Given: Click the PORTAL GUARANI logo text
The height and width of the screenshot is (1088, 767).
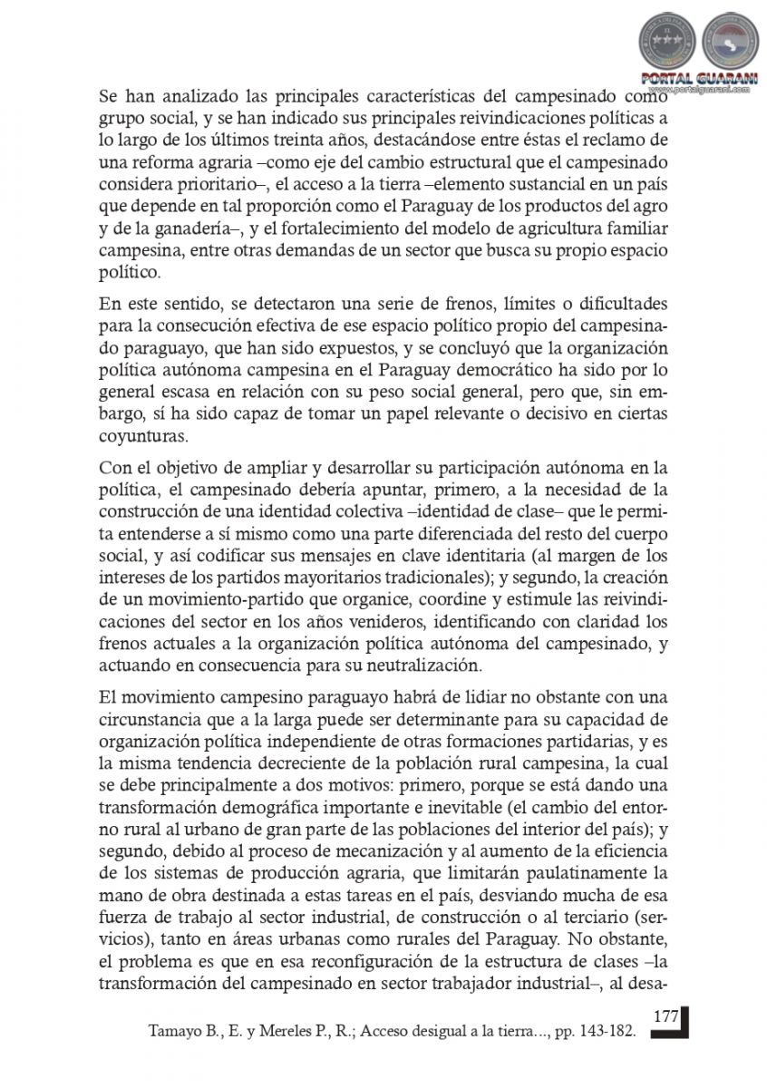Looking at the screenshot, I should click(x=693, y=78).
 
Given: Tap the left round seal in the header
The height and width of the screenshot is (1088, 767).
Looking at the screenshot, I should click(x=667, y=42).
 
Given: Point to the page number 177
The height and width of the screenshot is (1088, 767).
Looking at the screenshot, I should click(x=666, y=1016).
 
